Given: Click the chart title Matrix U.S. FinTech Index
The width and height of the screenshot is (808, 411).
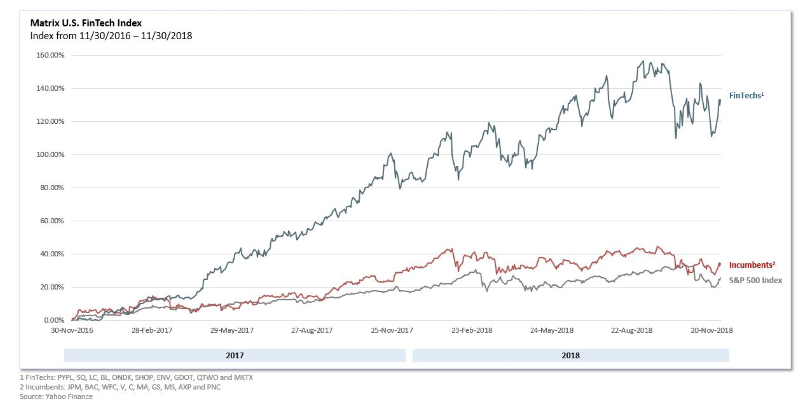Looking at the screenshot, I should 86,23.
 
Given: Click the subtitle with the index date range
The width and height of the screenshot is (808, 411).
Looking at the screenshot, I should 111,36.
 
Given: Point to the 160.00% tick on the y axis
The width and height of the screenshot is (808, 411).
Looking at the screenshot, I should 50,55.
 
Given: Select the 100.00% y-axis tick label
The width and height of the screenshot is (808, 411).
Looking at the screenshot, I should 50,154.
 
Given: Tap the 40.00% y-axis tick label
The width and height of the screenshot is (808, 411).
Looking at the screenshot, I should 52,254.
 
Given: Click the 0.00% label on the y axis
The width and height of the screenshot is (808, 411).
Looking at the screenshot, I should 54,320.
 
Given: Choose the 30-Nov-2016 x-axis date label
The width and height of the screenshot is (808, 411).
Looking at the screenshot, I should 72,330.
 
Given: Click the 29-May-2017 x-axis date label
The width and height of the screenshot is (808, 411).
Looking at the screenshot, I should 232,330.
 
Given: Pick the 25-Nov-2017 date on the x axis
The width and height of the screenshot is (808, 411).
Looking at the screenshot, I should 392,330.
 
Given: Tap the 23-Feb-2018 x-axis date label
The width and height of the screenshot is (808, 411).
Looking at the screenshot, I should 472,330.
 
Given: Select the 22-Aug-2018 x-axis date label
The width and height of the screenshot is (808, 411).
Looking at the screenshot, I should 632,330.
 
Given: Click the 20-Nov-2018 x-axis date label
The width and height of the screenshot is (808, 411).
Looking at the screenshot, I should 712,330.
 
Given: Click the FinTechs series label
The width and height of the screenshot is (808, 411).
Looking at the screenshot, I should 746,95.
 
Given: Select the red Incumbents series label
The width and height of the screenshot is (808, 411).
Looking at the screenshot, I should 752,265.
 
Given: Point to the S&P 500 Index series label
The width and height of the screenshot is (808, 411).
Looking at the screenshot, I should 755,280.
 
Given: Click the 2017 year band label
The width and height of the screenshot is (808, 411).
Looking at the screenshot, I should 235,356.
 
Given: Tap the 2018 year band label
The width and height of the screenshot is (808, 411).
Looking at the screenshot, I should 571,356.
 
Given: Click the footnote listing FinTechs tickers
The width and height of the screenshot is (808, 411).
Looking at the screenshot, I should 136,377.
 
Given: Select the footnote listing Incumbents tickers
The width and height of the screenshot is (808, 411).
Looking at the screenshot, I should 120,387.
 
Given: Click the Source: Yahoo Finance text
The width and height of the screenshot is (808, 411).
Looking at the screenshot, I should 56,397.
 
